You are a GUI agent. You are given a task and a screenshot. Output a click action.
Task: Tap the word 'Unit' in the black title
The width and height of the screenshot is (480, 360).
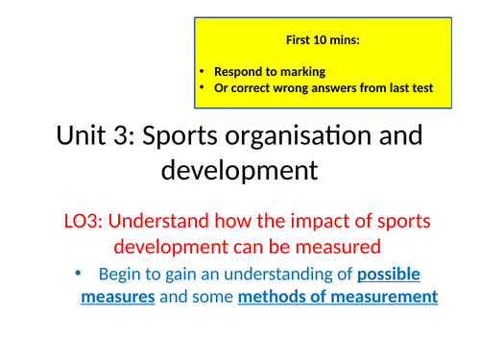tap(84, 137)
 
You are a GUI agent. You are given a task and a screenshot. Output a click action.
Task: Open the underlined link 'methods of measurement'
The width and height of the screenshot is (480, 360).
tap(337, 297)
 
